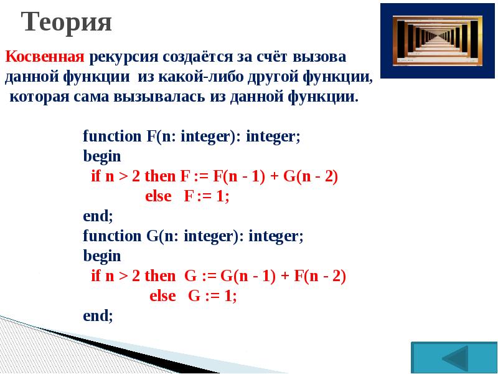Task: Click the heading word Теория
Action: (x=67, y=22)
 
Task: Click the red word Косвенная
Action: (x=45, y=57)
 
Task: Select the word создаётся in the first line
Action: (x=199, y=57)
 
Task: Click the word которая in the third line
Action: (x=39, y=97)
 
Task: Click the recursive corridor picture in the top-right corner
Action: (x=438, y=41)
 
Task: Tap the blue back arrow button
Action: (x=454, y=358)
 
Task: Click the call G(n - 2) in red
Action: (x=310, y=176)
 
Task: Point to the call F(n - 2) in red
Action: (x=320, y=276)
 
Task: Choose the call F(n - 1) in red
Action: (x=239, y=176)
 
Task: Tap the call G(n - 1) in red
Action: (x=248, y=276)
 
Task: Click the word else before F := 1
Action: (x=158, y=196)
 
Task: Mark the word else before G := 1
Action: (x=162, y=296)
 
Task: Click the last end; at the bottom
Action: (x=98, y=315)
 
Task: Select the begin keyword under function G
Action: (x=102, y=257)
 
